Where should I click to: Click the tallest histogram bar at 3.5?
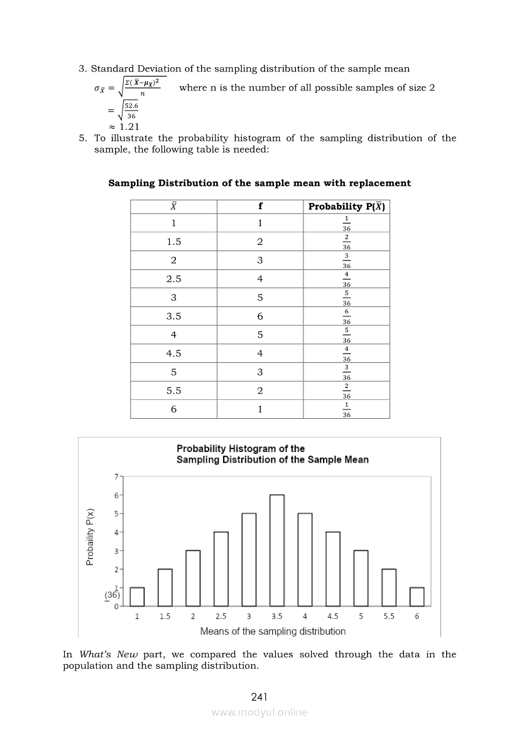click(x=277, y=550)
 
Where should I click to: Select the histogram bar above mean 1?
click(x=137, y=596)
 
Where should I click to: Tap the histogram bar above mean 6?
click(x=417, y=596)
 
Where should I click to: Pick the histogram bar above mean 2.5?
click(x=221, y=569)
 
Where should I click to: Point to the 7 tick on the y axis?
click(x=116, y=477)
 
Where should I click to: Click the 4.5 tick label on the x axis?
click(x=333, y=617)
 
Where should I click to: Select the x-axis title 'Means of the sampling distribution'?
click(x=273, y=631)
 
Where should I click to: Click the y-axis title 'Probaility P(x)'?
click(x=90, y=536)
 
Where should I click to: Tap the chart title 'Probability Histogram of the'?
click(x=241, y=448)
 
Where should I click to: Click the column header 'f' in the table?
click(x=260, y=207)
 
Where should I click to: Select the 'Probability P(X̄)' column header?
click(x=346, y=207)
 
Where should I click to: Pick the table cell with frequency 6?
click(x=260, y=316)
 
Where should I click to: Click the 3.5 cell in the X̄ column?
click(x=173, y=316)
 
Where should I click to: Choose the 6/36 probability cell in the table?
click(x=346, y=316)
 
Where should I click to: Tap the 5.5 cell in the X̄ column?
click(x=173, y=391)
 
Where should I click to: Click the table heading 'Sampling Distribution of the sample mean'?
click(x=259, y=183)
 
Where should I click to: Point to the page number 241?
click(x=259, y=697)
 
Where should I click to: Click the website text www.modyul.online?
click(x=259, y=712)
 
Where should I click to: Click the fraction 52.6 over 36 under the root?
click(x=131, y=111)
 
